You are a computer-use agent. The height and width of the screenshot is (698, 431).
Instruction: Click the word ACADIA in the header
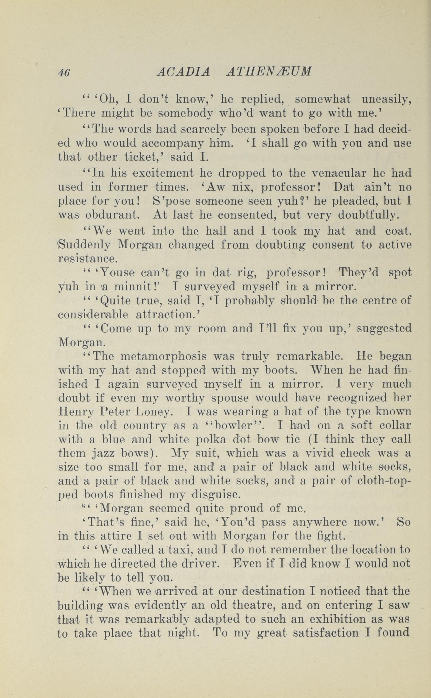click(x=184, y=72)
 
